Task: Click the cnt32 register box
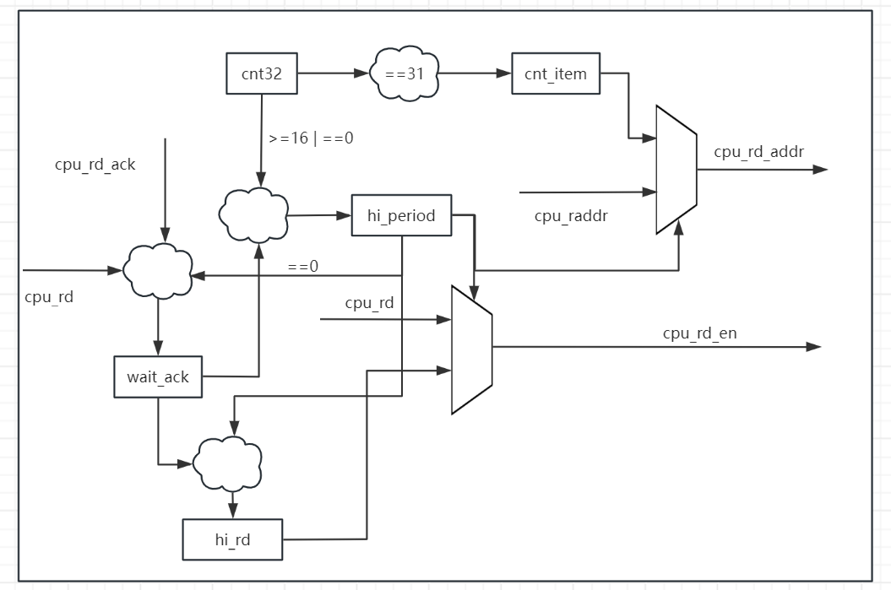click(x=262, y=73)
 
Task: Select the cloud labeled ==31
click(x=404, y=73)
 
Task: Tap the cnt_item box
click(x=555, y=73)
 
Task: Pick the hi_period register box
click(x=401, y=215)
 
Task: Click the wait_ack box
click(x=158, y=376)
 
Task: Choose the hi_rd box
click(x=232, y=539)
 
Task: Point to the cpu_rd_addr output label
click(x=758, y=152)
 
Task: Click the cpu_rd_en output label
click(x=699, y=333)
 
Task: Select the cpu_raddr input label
click(x=571, y=216)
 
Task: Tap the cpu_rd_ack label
click(x=95, y=165)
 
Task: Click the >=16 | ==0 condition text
click(x=311, y=138)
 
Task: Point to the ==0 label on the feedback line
click(x=302, y=267)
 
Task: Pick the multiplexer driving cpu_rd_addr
click(x=676, y=170)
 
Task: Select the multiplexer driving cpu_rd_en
click(x=471, y=349)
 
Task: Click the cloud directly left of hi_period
click(x=253, y=214)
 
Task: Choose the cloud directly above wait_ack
click(x=158, y=270)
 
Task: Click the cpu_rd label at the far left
click(x=48, y=296)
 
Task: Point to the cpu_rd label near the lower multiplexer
click(x=369, y=303)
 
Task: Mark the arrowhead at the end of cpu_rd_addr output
click(x=820, y=170)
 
